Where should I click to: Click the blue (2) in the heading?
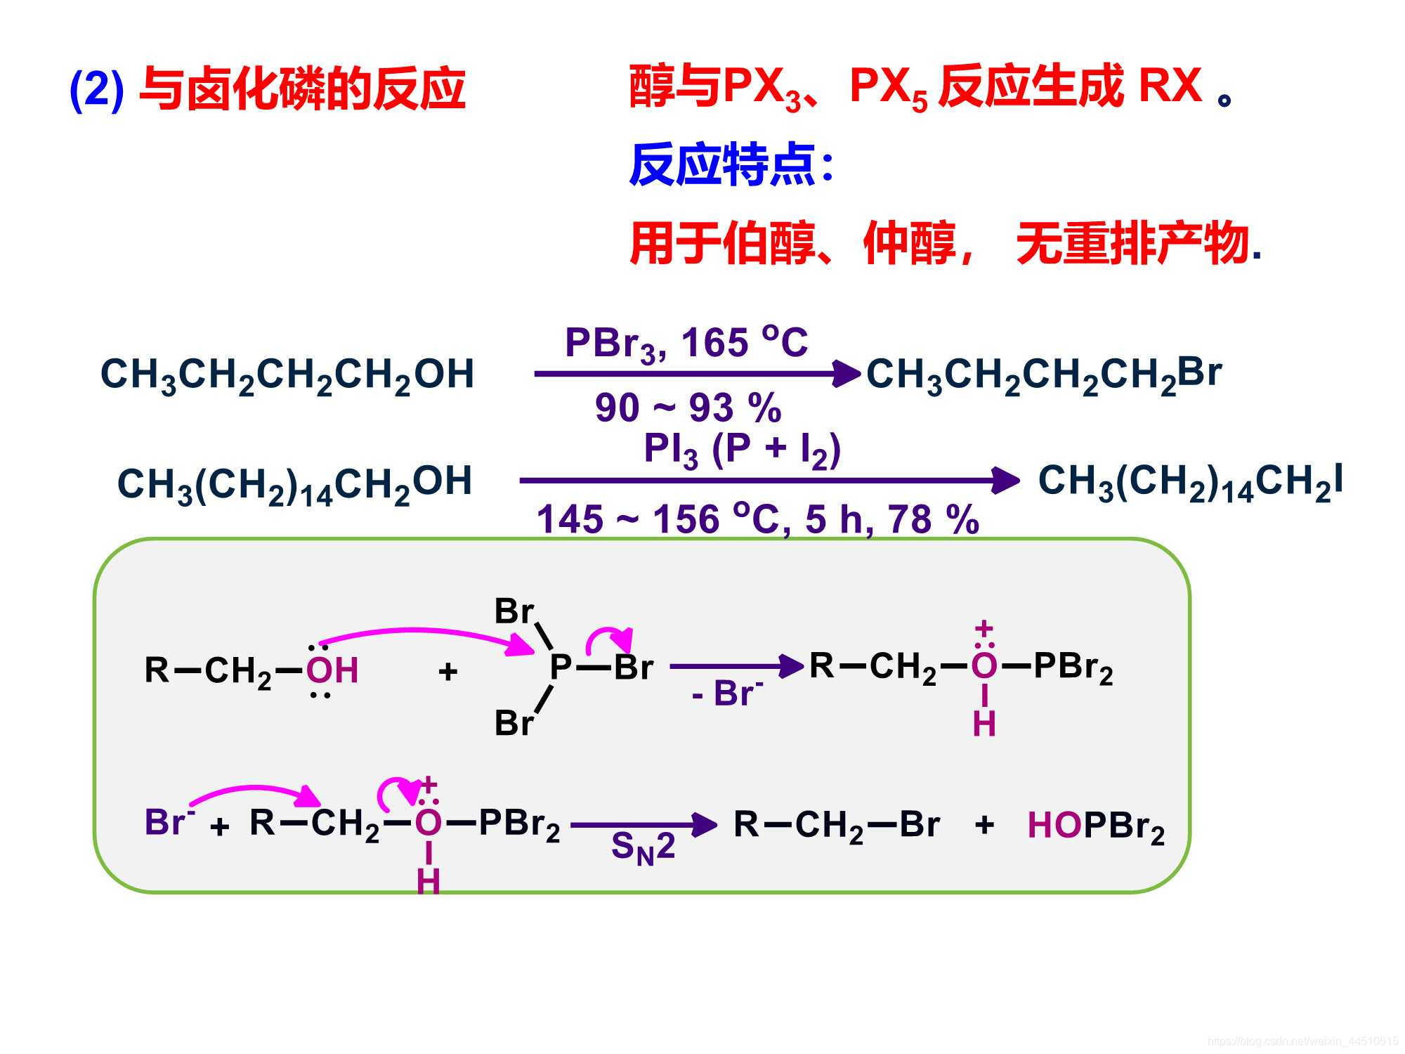click(x=97, y=89)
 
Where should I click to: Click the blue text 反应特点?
click(x=723, y=165)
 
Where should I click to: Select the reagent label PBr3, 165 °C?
click(x=686, y=344)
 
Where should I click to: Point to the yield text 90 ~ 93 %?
click(x=688, y=408)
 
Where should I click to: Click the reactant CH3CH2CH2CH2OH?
click(x=287, y=375)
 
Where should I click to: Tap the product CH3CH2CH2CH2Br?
click(x=1043, y=375)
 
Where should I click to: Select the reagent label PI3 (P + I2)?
click(x=742, y=450)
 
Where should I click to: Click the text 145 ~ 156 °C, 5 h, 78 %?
click(x=757, y=520)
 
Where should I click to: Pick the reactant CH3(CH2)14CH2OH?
click(x=294, y=484)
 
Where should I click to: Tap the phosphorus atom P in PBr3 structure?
click(x=560, y=667)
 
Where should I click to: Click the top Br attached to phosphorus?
click(x=514, y=611)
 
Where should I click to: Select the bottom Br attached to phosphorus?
click(x=514, y=723)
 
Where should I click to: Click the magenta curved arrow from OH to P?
click(x=421, y=633)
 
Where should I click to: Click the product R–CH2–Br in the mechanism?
click(x=836, y=825)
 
